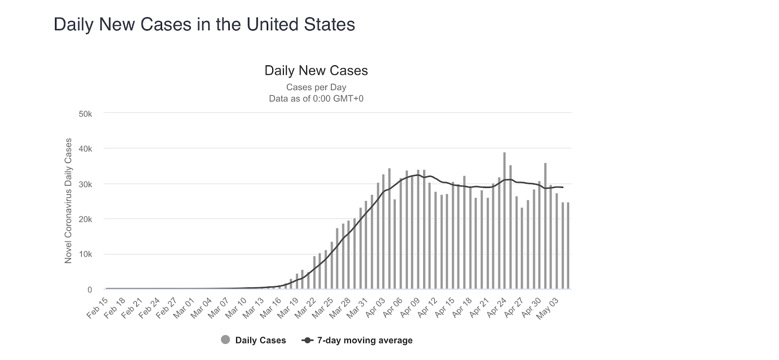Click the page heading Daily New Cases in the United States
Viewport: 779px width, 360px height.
(204, 24)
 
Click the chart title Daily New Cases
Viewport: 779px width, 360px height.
(316, 71)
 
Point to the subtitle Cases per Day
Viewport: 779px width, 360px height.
(316, 88)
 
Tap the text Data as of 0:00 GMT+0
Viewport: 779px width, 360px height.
(316, 99)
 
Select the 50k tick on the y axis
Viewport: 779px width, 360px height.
(85, 114)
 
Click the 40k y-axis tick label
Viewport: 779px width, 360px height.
(85, 149)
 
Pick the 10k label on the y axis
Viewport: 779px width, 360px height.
(85, 254)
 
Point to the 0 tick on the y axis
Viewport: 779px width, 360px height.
(90, 290)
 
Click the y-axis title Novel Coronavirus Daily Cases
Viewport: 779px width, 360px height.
(68, 201)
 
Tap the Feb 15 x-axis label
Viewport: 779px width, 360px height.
(97, 308)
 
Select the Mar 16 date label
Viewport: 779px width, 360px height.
(271, 308)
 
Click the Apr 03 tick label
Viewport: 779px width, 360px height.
(375, 308)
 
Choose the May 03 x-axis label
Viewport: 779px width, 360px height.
(548, 308)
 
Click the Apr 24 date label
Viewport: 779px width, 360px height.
(496, 308)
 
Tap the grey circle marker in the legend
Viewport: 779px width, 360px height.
(225, 340)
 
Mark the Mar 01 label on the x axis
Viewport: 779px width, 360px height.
(184, 308)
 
